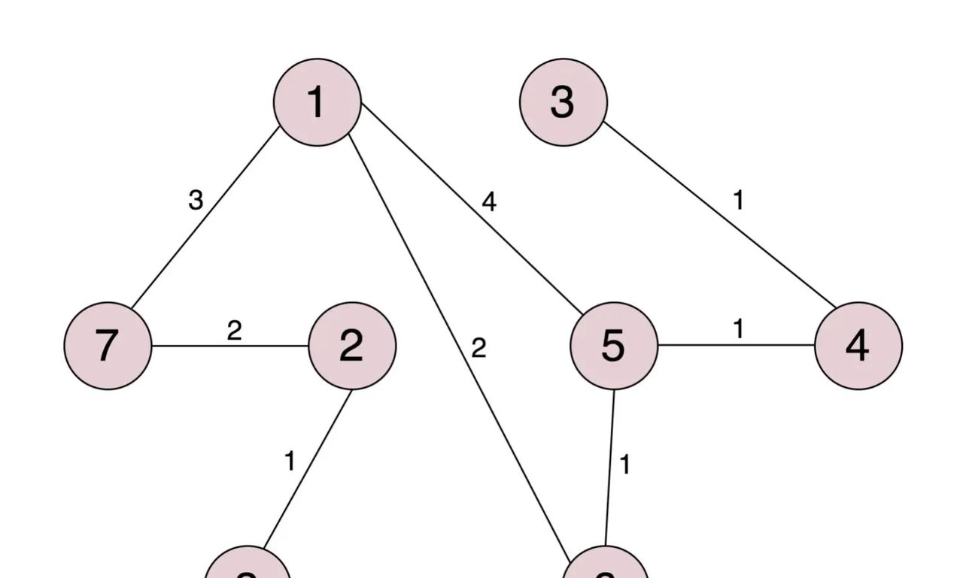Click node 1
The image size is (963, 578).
point(317,102)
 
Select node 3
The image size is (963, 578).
point(563,102)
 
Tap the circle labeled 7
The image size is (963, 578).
point(108,346)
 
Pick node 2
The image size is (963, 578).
point(351,346)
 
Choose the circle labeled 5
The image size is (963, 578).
point(614,346)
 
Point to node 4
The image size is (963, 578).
point(858,346)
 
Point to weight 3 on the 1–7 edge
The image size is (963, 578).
point(196,201)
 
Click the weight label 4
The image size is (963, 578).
point(489,202)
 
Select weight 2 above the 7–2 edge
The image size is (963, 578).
point(234,331)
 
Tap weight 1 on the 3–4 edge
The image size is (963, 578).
point(738,201)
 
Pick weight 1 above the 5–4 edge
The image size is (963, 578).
point(738,329)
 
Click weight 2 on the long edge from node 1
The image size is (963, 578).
point(478,349)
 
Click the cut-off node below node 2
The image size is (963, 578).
point(248,567)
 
